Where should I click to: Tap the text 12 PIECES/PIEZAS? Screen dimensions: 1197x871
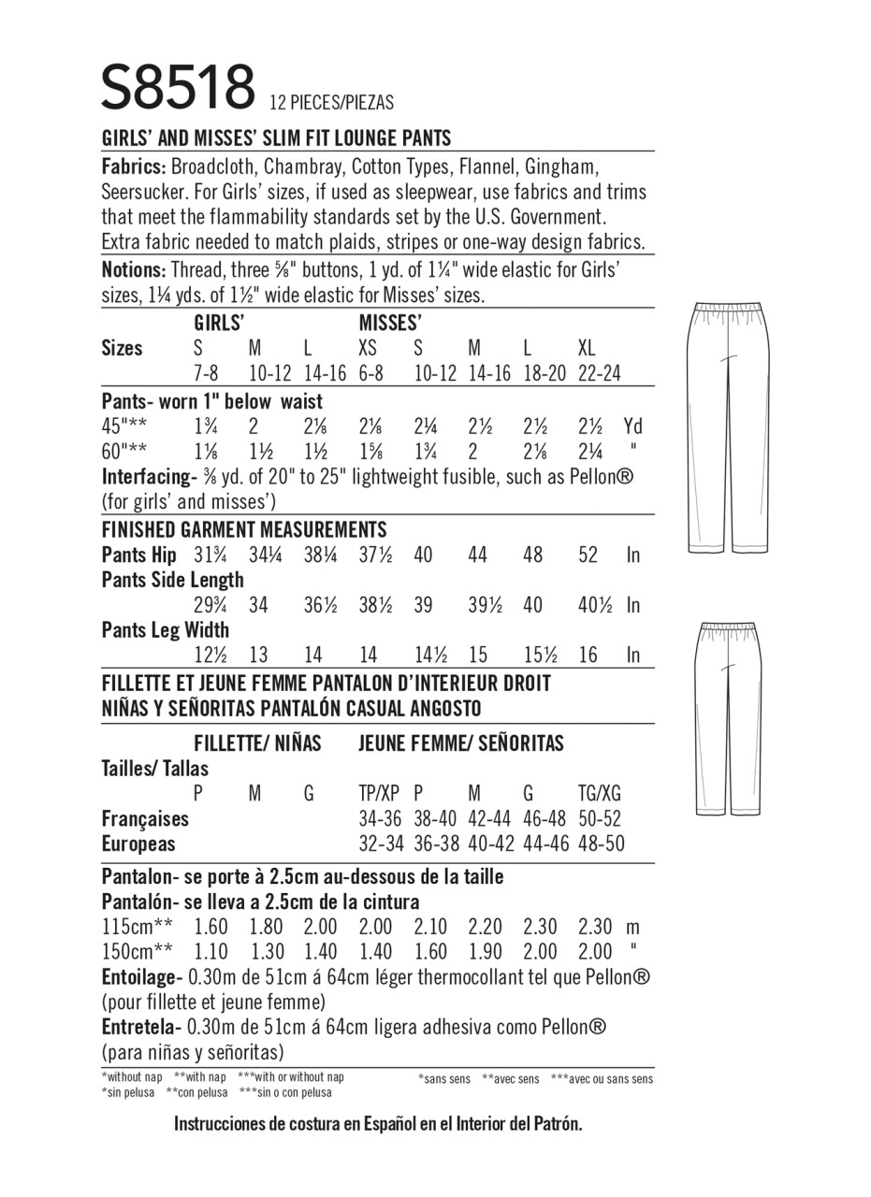[331, 103]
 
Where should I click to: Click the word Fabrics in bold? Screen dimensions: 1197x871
[134, 167]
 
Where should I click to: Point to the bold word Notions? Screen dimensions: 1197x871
[133, 269]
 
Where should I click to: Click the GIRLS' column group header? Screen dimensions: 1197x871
[220, 324]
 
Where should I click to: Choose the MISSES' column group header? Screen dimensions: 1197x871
[388, 324]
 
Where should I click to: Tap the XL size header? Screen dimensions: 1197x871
[587, 349]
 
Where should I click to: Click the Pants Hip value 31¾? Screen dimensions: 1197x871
[210, 555]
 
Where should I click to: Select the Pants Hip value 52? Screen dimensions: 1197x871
[588, 555]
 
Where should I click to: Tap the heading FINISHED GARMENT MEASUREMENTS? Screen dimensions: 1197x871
[243, 529]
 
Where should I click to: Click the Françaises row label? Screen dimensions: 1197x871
[145, 818]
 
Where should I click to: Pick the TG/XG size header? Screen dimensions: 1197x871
[600, 794]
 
